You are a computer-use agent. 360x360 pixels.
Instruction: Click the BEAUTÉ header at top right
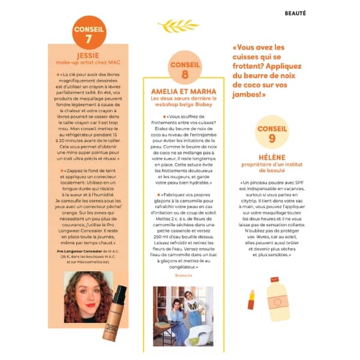(295, 13)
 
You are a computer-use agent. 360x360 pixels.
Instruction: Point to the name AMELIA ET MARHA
(184, 91)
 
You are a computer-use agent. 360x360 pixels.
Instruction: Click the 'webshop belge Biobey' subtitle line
(184, 105)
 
